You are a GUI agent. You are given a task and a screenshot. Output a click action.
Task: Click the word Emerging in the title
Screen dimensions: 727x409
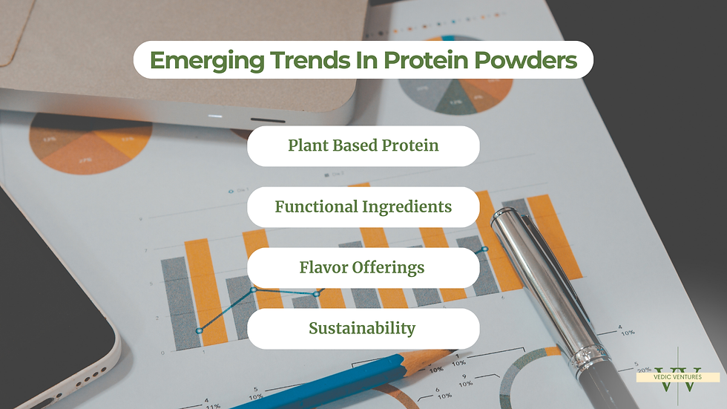point(207,61)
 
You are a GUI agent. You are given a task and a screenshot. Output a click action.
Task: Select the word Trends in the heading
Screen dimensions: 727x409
point(310,60)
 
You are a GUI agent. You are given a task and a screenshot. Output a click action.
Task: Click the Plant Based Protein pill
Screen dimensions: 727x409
point(363,145)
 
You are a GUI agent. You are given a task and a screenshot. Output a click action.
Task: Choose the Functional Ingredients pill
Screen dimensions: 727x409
point(363,207)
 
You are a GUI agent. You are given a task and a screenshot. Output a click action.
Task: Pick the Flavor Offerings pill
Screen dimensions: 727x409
point(363,267)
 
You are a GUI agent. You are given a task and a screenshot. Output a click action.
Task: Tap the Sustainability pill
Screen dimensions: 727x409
point(363,328)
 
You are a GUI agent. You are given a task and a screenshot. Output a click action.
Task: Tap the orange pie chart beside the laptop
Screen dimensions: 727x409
point(91,143)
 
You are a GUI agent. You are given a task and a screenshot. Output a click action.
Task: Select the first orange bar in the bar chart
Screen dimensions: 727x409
point(206,292)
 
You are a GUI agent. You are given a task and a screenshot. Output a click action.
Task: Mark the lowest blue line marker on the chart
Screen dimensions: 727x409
point(200,330)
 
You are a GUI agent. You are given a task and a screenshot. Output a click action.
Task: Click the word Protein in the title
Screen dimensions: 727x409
point(426,60)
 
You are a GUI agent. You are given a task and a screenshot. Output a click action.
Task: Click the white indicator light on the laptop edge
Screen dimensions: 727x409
point(214,116)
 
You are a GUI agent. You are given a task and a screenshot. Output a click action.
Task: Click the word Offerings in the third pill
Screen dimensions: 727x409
point(388,268)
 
